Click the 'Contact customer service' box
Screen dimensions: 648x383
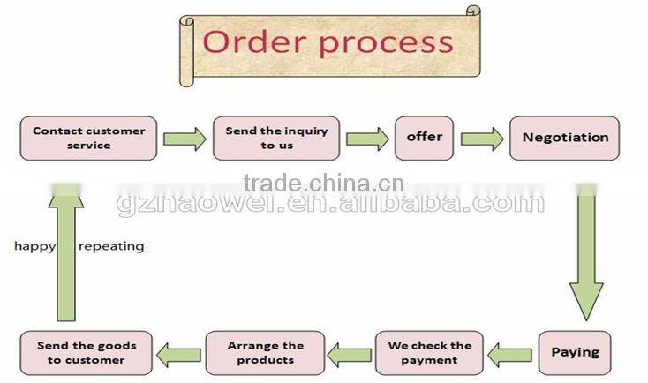point(89,138)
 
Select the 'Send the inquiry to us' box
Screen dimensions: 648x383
point(276,138)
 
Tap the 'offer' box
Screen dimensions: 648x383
point(424,138)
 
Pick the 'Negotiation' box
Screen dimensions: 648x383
point(565,138)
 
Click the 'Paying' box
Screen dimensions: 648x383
point(575,352)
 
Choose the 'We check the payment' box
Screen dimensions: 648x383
point(430,352)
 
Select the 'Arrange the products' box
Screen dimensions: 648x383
point(265,352)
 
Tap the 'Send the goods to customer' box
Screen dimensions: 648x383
point(86,352)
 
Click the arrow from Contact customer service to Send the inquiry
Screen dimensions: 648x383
point(185,139)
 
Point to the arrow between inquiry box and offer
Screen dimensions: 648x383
point(367,139)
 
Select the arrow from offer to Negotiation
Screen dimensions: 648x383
point(482,139)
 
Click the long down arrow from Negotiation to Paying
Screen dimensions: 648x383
point(585,256)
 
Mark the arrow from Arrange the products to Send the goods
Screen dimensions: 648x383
point(178,355)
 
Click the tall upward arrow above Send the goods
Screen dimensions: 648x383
point(66,256)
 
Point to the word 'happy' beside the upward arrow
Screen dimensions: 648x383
point(34,246)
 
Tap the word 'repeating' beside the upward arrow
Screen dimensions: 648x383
point(111,246)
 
